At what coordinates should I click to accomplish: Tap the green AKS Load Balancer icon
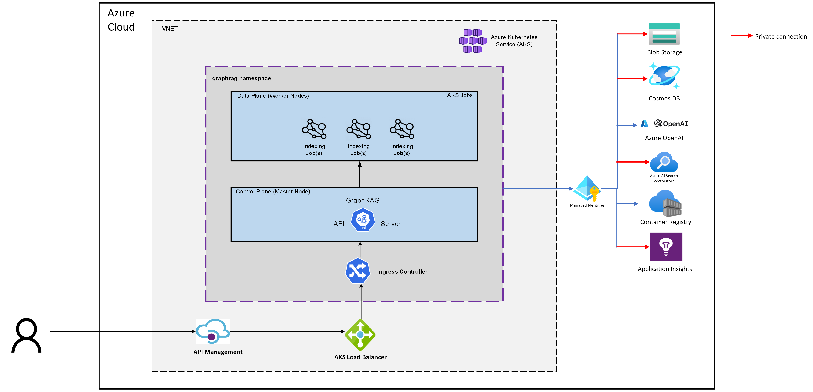click(360, 335)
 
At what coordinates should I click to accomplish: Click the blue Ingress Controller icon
click(358, 271)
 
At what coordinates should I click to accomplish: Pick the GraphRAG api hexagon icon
click(363, 220)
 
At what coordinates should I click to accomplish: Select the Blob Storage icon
click(664, 34)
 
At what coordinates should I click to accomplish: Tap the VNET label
click(170, 29)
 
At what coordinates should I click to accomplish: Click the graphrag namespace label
click(241, 78)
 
